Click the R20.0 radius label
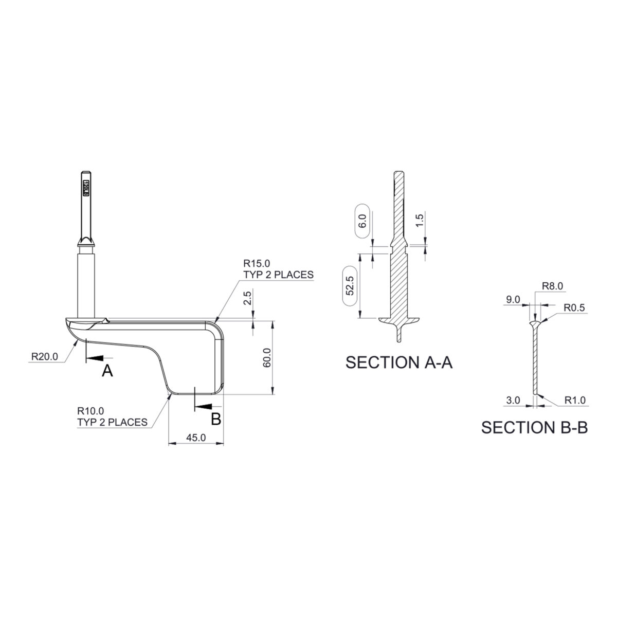(x=44, y=356)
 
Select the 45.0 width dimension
(x=196, y=438)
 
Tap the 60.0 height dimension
(x=266, y=357)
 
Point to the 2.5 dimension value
(x=247, y=298)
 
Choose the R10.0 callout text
(x=91, y=411)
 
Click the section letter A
(x=107, y=370)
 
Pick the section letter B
(x=216, y=419)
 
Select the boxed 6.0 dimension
(x=362, y=222)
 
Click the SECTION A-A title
(x=399, y=362)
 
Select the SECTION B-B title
(x=534, y=427)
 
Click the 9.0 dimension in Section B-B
(x=513, y=299)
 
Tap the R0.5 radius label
(x=574, y=308)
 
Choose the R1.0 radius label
(x=575, y=400)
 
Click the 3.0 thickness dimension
(x=513, y=400)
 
